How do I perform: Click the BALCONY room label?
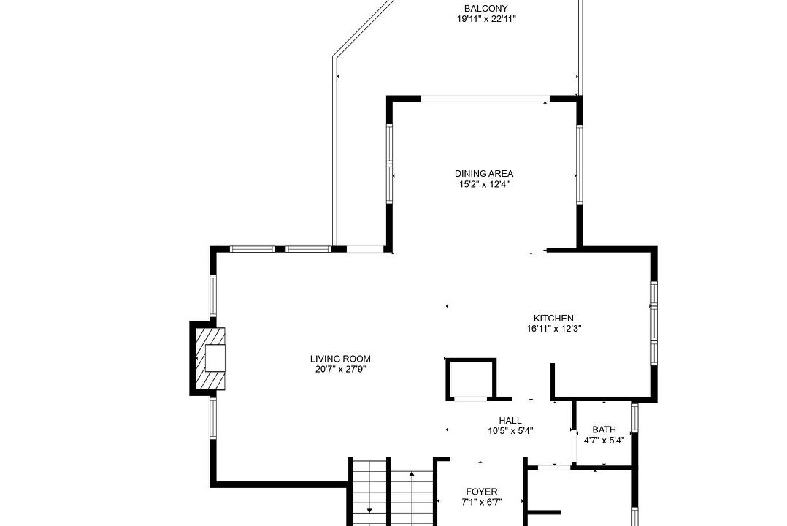[x=485, y=9]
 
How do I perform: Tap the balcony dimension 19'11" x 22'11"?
[x=486, y=19]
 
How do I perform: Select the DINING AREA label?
[x=484, y=174]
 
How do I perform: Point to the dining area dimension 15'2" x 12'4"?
[x=484, y=184]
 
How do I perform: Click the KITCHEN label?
[x=553, y=319]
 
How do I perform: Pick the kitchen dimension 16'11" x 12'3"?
[x=553, y=329]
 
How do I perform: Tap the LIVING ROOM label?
[x=340, y=359]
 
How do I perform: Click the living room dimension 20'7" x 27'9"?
[x=341, y=370]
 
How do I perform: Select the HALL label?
[x=510, y=421]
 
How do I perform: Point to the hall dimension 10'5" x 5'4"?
[x=510, y=431]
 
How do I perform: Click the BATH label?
[x=604, y=430]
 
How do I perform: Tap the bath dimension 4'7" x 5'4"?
[x=604, y=441]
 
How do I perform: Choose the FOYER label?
[x=481, y=492]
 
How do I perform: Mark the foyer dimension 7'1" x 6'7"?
[x=481, y=502]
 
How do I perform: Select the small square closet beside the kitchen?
[x=471, y=379]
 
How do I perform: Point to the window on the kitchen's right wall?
[x=654, y=322]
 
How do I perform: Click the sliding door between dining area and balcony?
[x=485, y=99]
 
